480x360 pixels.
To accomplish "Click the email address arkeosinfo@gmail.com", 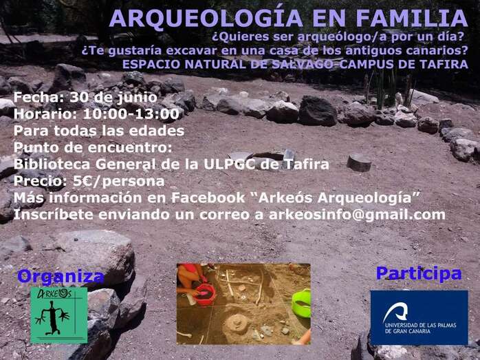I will tap(356, 215).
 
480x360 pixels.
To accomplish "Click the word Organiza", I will tap(61, 277).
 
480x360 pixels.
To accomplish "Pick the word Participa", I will tap(418, 273).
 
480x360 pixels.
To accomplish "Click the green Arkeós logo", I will tap(58, 315).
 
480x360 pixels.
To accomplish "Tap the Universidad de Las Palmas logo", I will tap(418, 317).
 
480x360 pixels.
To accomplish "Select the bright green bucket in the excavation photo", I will tap(301, 303).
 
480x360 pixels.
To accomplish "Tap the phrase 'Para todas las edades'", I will tap(98, 131).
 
